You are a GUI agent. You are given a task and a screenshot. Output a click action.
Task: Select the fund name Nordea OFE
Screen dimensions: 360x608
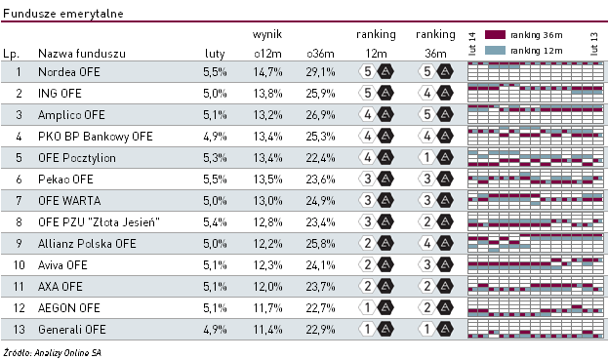[66, 72]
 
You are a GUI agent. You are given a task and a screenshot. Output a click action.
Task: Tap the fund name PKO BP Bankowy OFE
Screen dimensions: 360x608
[96, 136]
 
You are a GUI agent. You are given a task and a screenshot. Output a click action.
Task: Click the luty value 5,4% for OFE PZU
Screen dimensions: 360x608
[214, 221]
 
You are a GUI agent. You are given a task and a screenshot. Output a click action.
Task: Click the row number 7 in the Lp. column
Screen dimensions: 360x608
[18, 200]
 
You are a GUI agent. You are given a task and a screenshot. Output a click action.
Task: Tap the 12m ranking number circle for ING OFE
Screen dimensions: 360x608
[367, 94]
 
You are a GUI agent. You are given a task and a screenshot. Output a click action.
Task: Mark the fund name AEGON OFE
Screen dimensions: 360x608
[68, 306]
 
